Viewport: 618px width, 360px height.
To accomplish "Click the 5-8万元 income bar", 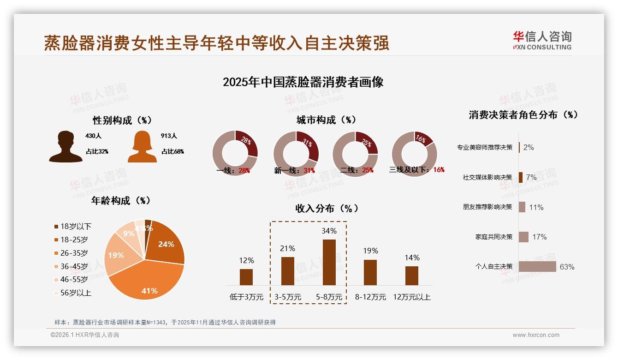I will click(x=329, y=262).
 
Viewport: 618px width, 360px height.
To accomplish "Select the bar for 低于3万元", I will click(x=246, y=277).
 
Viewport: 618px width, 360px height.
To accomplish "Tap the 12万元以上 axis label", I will click(x=412, y=297).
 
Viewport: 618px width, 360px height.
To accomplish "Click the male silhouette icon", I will click(x=66, y=147).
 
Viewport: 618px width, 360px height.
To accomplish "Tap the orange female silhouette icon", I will click(x=142, y=147).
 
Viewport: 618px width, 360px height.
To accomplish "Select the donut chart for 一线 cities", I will click(x=235, y=153).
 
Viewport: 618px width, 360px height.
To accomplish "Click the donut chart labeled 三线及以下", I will click(x=414, y=153).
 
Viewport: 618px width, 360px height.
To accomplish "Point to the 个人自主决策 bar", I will click(x=537, y=267).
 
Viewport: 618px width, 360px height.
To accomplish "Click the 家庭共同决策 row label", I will click(x=494, y=237).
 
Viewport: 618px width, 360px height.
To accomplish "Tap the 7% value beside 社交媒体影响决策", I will click(x=531, y=177).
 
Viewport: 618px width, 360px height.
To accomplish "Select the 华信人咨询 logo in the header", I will click(x=542, y=40).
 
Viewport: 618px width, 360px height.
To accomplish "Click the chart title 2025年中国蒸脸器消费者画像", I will click(x=303, y=82).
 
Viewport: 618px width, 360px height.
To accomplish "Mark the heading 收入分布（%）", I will click(x=327, y=208).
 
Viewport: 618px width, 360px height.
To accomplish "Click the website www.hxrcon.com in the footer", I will click(x=536, y=335).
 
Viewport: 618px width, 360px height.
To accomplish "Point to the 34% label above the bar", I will click(x=329, y=231).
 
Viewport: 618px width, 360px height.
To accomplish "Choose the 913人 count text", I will click(x=169, y=136).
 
